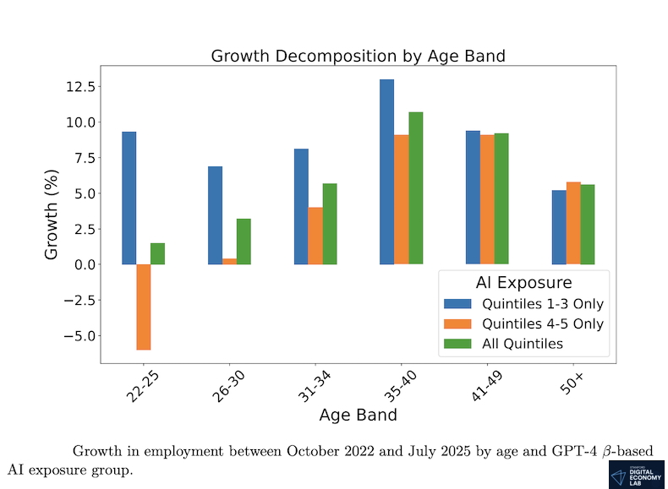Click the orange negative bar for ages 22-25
pos(143,307)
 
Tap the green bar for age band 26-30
pos(244,242)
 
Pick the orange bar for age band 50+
pos(573,223)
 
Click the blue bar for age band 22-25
pos(129,198)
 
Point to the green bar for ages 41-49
pos(501,198)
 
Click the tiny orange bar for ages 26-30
pos(229,261)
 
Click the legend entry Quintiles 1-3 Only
pos(524,304)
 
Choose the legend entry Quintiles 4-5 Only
pos(524,324)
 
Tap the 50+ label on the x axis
pos(573,381)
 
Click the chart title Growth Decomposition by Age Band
pos(358,57)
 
